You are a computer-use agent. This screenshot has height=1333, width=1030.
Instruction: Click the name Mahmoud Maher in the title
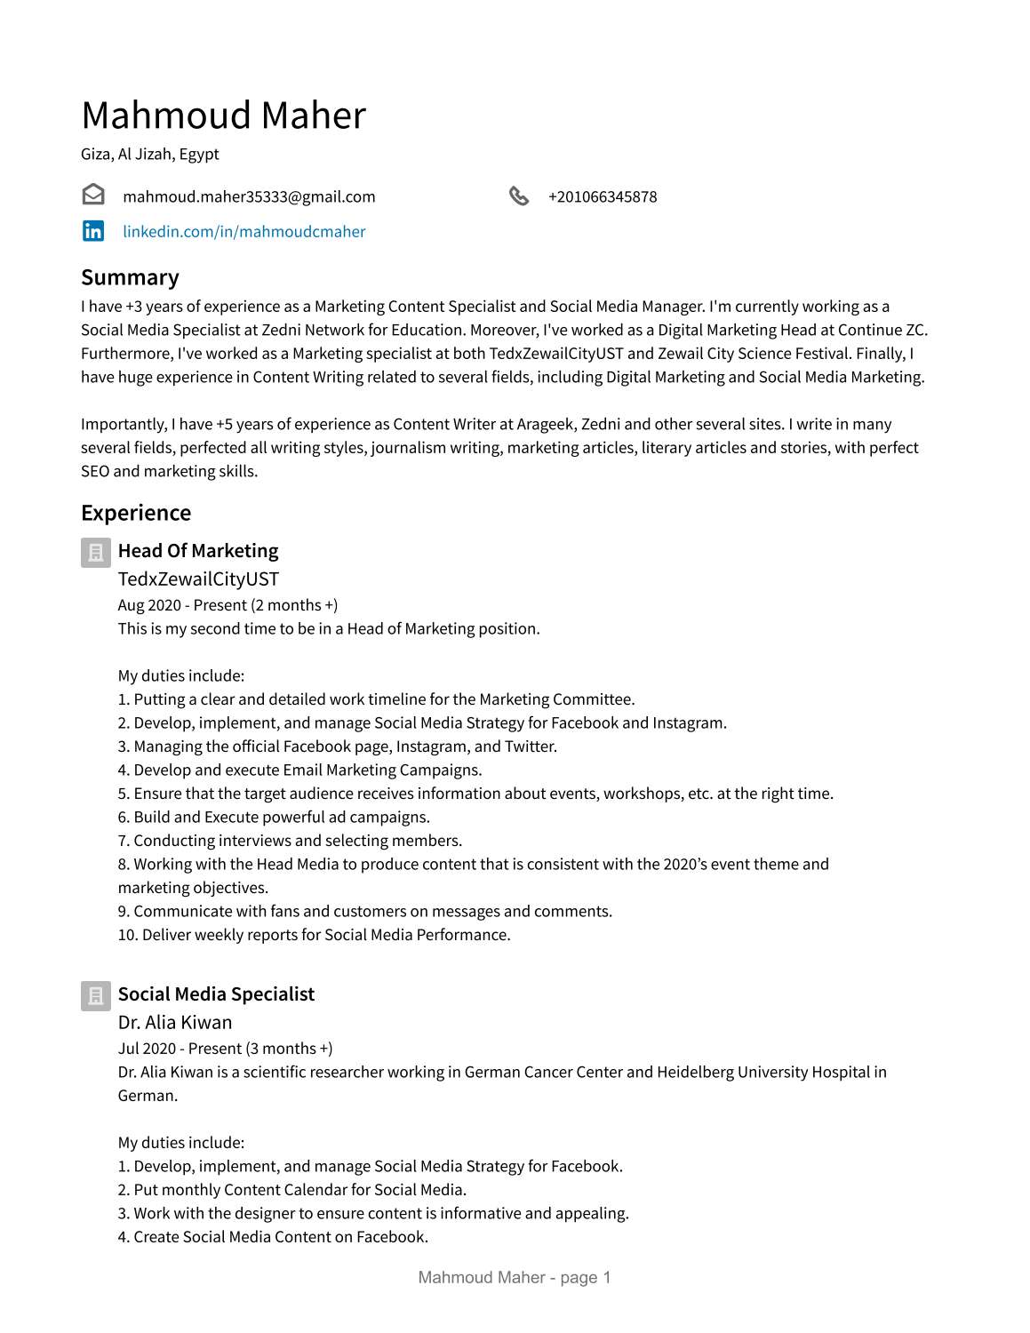point(223,116)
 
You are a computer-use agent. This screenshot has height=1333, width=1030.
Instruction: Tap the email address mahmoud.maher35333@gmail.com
point(249,196)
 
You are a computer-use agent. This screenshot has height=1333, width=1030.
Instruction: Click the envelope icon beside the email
point(93,195)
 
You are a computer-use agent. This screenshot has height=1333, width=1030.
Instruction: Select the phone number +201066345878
point(603,196)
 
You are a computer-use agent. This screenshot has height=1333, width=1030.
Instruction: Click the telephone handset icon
point(519,196)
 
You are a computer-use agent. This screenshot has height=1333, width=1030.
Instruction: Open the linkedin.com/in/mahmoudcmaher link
point(244,231)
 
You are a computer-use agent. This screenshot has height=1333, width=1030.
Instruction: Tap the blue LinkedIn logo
point(93,231)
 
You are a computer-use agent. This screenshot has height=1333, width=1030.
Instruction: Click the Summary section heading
point(130,277)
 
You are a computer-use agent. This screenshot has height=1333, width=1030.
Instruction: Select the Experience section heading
point(136,513)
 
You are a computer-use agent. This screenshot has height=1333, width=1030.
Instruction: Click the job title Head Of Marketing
point(198,551)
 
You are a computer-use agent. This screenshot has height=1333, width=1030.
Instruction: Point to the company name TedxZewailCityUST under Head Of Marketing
point(198,579)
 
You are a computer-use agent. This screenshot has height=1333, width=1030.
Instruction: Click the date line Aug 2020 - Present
point(228,605)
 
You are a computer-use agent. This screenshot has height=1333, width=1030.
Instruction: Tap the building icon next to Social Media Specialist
point(96,996)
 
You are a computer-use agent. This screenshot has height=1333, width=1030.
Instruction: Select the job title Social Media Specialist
point(216,994)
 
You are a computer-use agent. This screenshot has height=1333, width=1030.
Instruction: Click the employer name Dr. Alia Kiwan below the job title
point(175,1022)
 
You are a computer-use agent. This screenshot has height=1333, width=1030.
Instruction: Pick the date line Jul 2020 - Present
point(225,1049)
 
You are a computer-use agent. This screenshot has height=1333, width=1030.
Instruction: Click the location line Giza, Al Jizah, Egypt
point(150,154)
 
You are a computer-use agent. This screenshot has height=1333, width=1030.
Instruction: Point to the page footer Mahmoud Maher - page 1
point(515,1278)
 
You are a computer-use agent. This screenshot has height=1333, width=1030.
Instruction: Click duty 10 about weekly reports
point(314,935)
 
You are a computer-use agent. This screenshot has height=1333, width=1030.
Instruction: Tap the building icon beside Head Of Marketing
point(96,553)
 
